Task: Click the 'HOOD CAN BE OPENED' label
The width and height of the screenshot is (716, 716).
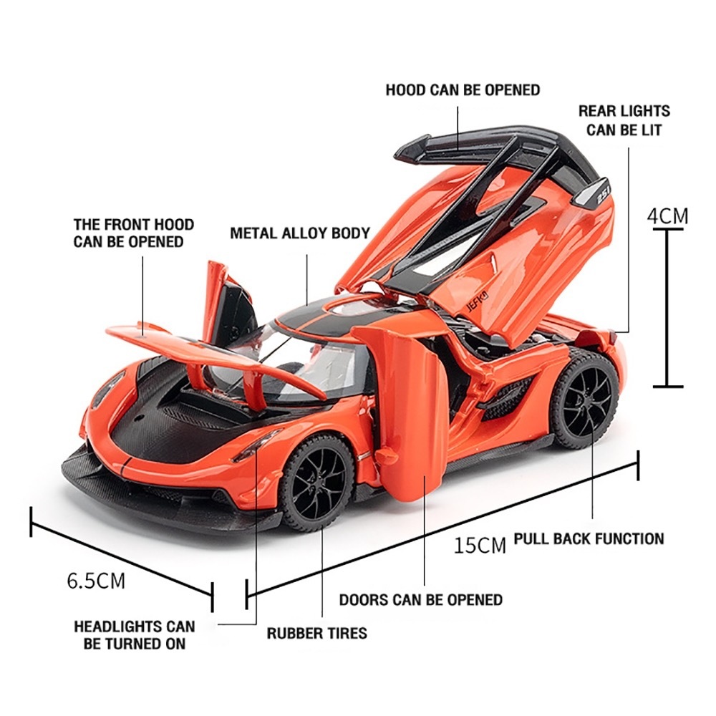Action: [x=463, y=90]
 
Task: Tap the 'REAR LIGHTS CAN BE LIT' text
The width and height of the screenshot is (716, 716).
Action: [x=624, y=120]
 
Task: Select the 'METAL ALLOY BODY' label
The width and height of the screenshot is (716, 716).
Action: [x=300, y=233]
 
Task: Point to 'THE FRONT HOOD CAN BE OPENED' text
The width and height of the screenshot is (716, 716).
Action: [x=133, y=233]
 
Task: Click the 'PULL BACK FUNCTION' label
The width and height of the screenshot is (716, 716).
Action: [x=589, y=538]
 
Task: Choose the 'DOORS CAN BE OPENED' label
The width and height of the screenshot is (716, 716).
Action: [x=420, y=599]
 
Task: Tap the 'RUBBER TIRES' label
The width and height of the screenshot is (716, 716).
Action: [x=316, y=633]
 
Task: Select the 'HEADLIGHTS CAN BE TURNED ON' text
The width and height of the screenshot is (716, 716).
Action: [x=134, y=635]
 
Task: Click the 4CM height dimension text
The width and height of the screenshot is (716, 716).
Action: [x=667, y=216]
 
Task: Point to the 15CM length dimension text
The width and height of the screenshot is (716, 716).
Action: [x=480, y=546]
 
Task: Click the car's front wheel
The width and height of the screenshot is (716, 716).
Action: [x=315, y=483]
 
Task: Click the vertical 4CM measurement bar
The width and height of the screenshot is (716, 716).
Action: [x=667, y=308]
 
